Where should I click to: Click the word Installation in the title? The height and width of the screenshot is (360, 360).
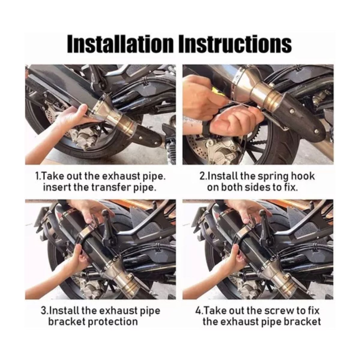point(120,44)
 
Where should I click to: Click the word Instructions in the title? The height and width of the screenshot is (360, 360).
point(235,44)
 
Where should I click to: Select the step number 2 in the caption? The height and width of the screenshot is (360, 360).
point(202,176)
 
